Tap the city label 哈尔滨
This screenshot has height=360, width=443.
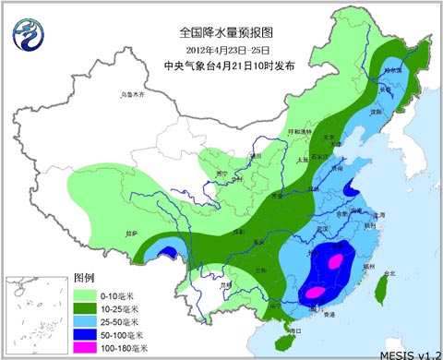pyautogui.click(x=393, y=68)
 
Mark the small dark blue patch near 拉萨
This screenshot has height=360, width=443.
pyautogui.click(x=167, y=250)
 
